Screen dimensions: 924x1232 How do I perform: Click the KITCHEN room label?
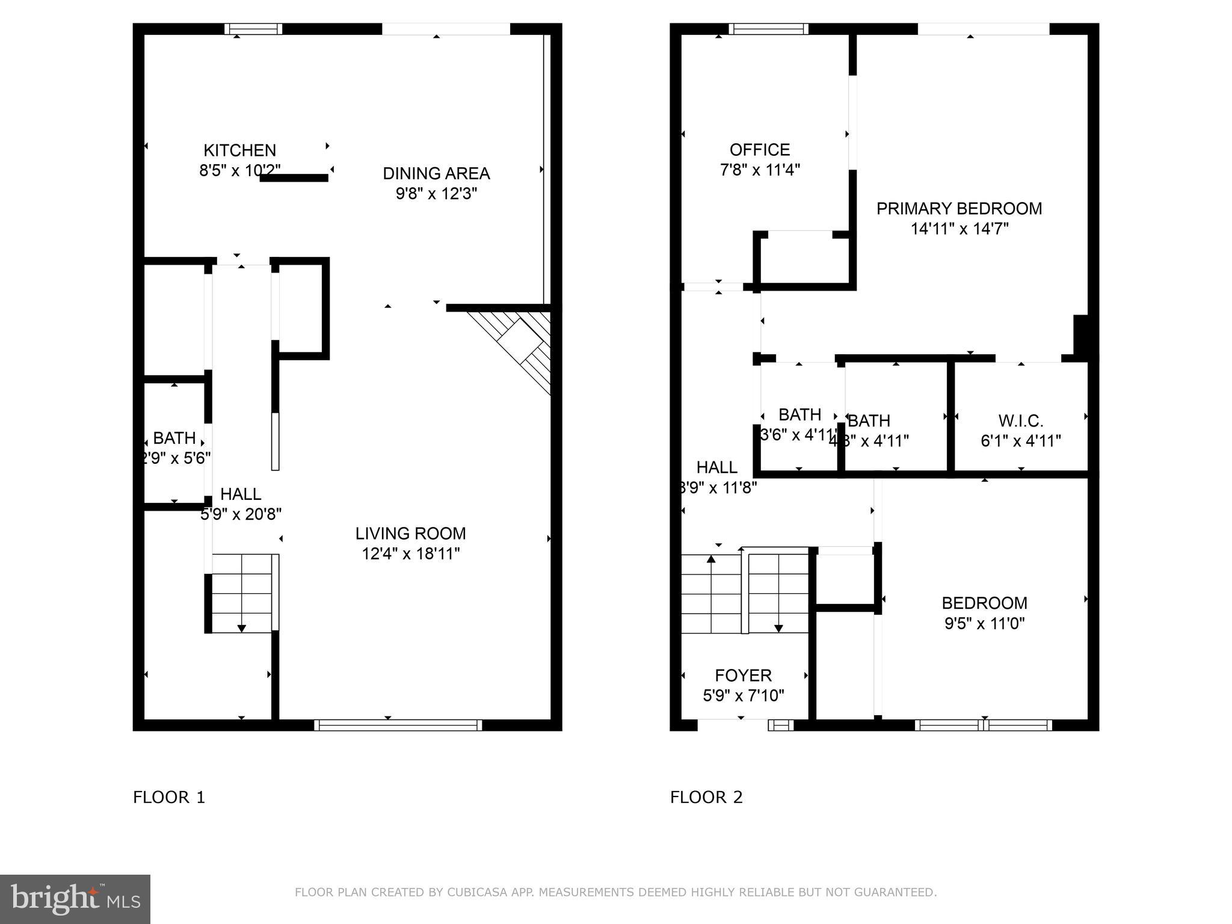(239, 150)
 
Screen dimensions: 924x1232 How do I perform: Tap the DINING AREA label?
(436, 173)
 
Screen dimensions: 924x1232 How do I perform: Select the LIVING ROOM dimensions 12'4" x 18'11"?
(410, 553)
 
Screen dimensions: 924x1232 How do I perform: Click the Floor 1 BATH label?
(174, 437)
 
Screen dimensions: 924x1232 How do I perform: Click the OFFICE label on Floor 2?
(759, 150)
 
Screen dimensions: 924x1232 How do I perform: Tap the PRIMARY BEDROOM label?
(959, 209)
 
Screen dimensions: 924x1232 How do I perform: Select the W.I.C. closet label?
(1020, 420)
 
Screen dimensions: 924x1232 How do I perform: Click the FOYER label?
(743, 676)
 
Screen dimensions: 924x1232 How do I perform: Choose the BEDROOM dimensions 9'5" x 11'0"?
(984, 623)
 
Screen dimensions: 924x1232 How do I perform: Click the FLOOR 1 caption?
(169, 798)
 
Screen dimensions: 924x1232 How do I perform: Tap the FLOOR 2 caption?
(706, 798)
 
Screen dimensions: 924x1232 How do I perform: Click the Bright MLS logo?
(75, 899)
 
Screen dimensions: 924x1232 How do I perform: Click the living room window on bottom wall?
(398, 725)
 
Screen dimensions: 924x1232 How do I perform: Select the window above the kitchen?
(253, 29)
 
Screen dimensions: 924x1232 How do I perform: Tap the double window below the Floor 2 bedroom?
(983, 725)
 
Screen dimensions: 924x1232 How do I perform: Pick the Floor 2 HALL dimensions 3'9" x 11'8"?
(717, 487)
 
